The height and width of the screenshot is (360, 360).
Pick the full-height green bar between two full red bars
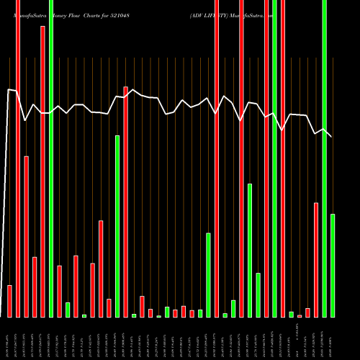click(x=274, y=158)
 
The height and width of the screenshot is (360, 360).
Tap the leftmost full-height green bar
click(x=51, y=158)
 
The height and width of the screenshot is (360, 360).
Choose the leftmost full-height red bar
click(x=18, y=158)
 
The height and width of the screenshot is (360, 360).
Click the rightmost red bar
click(x=316, y=259)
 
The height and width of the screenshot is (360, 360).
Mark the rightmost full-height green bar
click(x=324, y=158)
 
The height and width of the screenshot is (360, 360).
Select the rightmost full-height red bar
click(x=283, y=158)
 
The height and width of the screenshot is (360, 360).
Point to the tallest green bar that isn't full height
click(x=117, y=226)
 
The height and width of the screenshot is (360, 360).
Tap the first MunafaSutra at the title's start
click(x=27, y=14)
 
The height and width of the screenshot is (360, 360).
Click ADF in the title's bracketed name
click(x=199, y=14)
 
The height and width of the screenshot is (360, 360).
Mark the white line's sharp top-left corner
click(x=8, y=90)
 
